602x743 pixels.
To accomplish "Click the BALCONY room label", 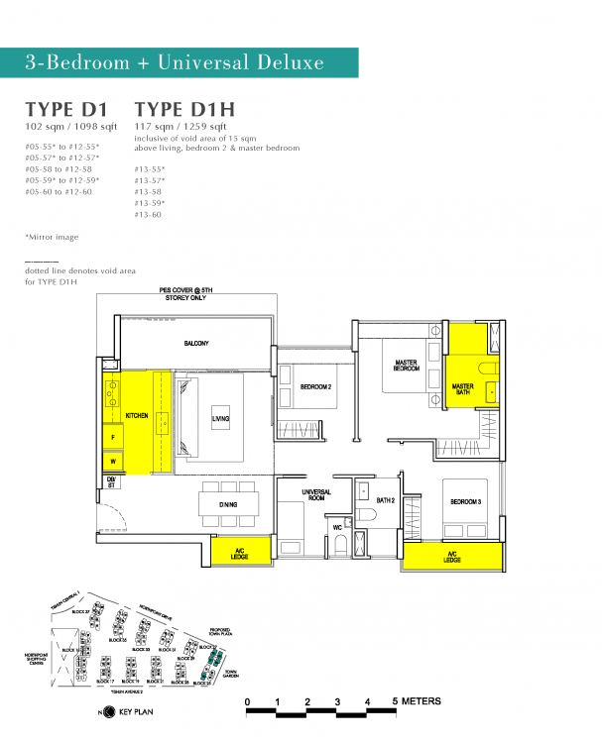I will click(x=195, y=343).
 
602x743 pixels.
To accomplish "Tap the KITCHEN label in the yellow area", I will click(x=136, y=417).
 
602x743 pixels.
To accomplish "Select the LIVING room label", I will click(x=220, y=418).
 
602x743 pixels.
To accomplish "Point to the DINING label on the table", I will click(x=227, y=505).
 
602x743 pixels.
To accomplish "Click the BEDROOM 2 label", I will click(x=315, y=387).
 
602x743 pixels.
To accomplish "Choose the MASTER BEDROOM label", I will click(x=407, y=365).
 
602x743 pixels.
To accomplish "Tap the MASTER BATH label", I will click(x=463, y=389).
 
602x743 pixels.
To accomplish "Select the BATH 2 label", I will click(x=386, y=501).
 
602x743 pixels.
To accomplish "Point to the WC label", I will click(x=337, y=526).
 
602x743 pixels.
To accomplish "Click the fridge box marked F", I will click(x=113, y=436).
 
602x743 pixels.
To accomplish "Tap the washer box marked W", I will click(x=113, y=461).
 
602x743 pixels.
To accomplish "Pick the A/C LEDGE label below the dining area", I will click(x=239, y=552).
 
